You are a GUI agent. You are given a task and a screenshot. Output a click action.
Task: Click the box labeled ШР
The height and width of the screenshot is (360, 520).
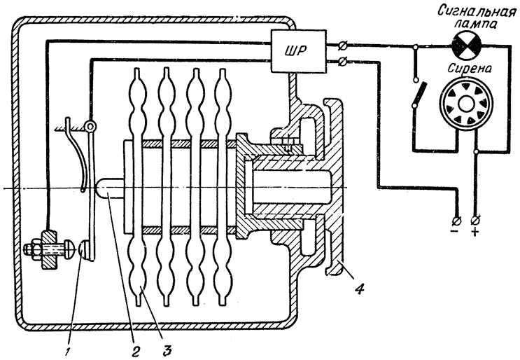pyautogui.click(x=298, y=50)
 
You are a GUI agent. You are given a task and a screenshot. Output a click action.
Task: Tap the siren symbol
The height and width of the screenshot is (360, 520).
pyautogui.click(x=465, y=104)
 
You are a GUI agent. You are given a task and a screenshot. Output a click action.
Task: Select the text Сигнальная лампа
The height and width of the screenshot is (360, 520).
pyautogui.click(x=477, y=18)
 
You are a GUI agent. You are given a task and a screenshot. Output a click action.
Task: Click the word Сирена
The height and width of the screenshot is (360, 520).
pyautogui.click(x=470, y=69)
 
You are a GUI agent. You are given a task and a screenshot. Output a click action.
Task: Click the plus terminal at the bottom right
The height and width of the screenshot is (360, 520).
pyautogui.click(x=476, y=220)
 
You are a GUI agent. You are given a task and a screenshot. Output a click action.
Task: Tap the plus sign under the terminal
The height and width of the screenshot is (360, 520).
pyautogui.click(x=475, y=231)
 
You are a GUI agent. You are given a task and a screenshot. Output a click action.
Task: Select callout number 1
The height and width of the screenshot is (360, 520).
pyautogui.click(x=67, y=351)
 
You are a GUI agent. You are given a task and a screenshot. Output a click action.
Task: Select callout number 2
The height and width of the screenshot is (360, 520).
pyautogui.click(x=134, y=349)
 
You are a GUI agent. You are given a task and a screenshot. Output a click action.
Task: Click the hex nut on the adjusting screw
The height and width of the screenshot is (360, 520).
pyautogui.click(x=31, y=249)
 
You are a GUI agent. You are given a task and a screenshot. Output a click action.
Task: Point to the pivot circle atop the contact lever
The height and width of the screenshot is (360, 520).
pyautogui.click(x=90, y=126)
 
